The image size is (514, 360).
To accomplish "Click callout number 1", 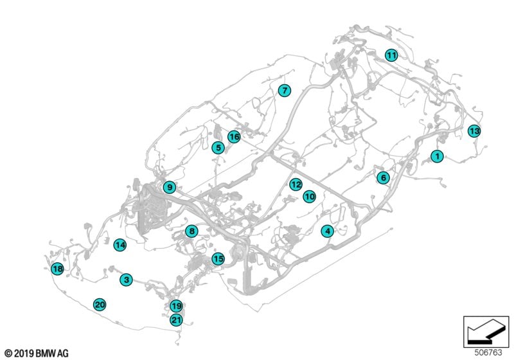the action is [437, 156].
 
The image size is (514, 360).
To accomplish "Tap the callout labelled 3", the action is [126, 280].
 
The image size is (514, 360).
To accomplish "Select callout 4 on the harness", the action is [328, 231].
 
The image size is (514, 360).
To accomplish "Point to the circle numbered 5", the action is [218, 148].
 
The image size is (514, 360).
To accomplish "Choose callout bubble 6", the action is [383, 177].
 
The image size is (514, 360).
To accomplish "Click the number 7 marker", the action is [284, 90].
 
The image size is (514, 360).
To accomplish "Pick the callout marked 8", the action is [191, 231].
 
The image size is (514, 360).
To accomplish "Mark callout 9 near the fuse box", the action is [170, 187].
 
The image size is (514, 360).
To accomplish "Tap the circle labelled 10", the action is [309, 197].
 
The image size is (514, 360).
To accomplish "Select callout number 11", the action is [391, 55].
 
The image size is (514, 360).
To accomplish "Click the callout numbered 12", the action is [296, 184].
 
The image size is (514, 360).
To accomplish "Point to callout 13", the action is [474, 131].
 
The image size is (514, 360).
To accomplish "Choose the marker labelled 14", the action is [120, 245].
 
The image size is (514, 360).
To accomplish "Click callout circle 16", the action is [234, 136].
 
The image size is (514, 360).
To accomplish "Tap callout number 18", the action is [58, 269].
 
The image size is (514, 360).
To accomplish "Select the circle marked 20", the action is [100, 305].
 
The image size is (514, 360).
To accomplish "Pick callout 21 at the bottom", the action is [176, 319].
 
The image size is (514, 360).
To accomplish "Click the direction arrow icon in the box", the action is [486, 331].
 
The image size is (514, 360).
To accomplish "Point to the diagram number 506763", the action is [488, 352].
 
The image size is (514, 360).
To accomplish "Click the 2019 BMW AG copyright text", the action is [37, 353].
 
